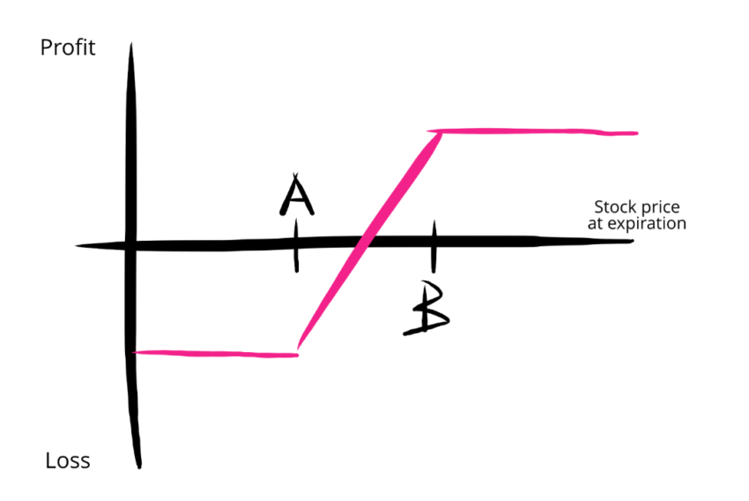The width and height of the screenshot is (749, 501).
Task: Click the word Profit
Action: pyautogui.click(x=68, y=48)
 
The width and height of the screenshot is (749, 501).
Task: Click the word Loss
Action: pyautogui.click(x=68, y=460)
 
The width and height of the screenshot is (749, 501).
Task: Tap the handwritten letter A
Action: pyautogui.click(x=297, y=195)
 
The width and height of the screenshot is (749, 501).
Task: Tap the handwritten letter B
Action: pyautogui.click(x=426, y=309)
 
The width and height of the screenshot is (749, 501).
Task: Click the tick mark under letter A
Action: pyautogui.click(x=297, y=246)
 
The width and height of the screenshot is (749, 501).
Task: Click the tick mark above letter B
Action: pyautogui.click(x=434, y=247)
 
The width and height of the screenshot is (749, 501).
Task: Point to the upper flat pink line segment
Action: pyautogui.click(x=532, y=131)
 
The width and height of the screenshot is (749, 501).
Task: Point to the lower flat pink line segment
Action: pyautogui.click(x=215, y=354)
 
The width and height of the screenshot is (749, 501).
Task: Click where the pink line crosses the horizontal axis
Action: pyautogui.click(x=366, y=242)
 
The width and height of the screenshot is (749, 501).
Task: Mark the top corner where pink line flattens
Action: pyautogui.click(x=440, y=132)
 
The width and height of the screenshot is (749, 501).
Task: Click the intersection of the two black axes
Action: pyautogui.click(x=130, y=246)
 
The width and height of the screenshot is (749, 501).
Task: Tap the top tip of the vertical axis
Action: pyautogui.click(x=131, y=43)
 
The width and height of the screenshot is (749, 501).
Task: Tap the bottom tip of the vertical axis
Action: pyautogui.click(x=139, y=468)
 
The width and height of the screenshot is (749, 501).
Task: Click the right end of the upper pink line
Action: pyautogui.click(x=637, y=133)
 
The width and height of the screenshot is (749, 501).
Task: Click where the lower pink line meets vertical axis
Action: pyautogui.click(x=134, y=353)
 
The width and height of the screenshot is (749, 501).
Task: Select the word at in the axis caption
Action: pyautogui.click(x=596, y=224)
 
